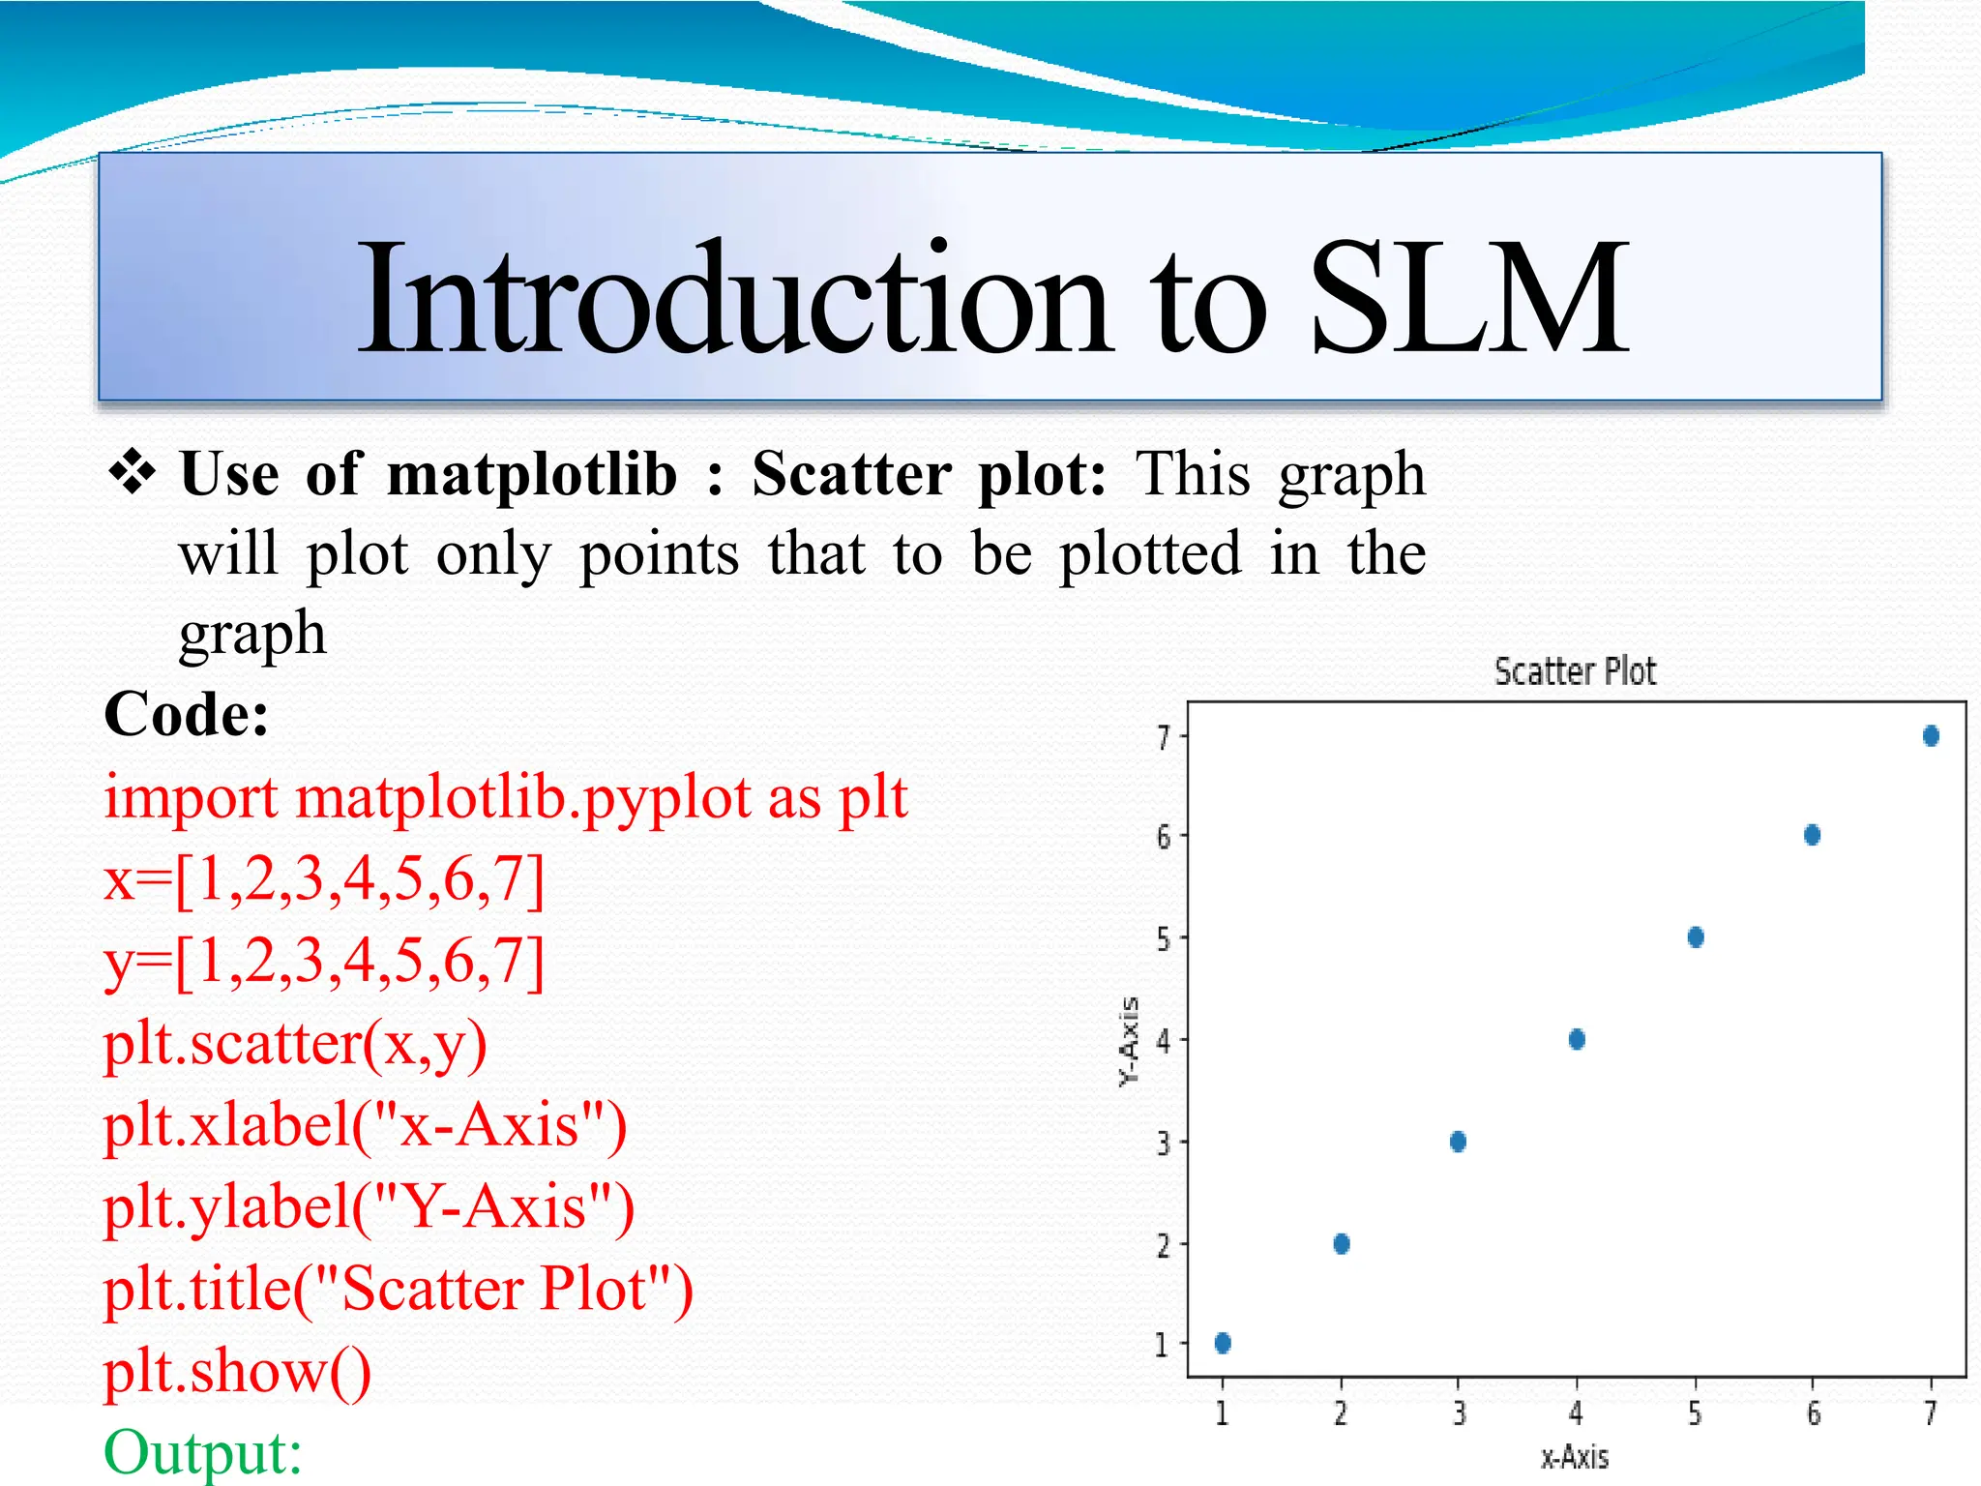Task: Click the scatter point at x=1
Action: [x=1223, y=1342]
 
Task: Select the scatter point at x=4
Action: [x=1577, y=1039]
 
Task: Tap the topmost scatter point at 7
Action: [x=1931, y=736]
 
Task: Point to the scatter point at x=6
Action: [x=1813, y=835]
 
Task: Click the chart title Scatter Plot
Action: [x=1575, y=671]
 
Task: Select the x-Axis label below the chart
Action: [x=1575, y=1457]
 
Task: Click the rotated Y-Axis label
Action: [x=1129, y=1041]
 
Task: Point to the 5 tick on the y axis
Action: [x=1164, y=938]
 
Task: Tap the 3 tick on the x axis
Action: [x=1460, y=1414]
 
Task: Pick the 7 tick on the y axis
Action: [x=1164, y=738]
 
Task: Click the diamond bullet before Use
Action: [x=133, y=473]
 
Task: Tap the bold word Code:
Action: [x=187, y=715]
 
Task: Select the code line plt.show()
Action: [x=238, y=1372]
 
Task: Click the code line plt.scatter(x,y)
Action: [x=295, y=1044]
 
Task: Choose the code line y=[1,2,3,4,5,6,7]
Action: [x=324, y=962]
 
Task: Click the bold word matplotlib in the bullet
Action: [x=532, y=475]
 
